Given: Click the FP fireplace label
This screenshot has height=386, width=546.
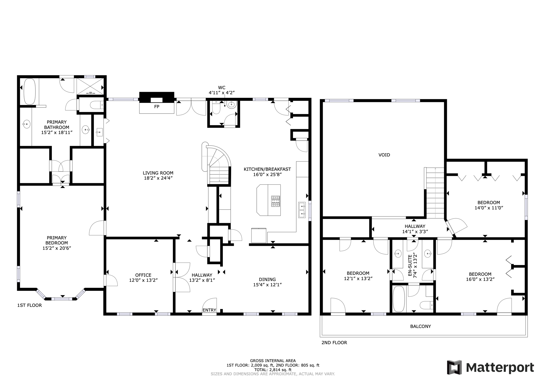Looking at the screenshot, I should tap(157, 107).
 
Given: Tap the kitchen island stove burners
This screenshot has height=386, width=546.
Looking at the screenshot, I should tap(276, 201).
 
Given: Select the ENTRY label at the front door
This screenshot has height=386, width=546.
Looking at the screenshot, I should tap(209, 310).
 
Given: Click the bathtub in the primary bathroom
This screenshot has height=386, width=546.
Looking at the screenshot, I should tap(30, 91).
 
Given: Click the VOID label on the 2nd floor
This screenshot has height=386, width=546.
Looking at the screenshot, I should tap(384, 155).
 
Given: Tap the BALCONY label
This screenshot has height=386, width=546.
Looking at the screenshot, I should tap(420, 326).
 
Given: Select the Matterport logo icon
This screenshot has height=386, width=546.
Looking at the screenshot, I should tap(454, 367).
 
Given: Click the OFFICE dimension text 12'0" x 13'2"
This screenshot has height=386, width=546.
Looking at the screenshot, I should tap(143, 280).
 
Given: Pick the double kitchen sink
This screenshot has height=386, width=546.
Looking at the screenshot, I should tap(302, 210).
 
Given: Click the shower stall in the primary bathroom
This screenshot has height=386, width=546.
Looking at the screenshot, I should tap(90, 86).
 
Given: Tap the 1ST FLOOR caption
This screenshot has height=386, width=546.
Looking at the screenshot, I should tap(30, 305).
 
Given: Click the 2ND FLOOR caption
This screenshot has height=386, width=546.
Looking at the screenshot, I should tap(334, 343).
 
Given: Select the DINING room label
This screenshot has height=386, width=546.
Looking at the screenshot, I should tap(267, 279).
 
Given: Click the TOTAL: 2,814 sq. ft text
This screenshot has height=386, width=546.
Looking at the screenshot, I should tap(273, 370).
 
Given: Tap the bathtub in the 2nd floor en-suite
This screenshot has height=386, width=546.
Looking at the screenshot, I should tap(399, 299).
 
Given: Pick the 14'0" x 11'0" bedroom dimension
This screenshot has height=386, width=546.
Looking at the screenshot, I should tap(489, 208).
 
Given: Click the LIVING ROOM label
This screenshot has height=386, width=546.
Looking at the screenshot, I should tap(158, 173).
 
